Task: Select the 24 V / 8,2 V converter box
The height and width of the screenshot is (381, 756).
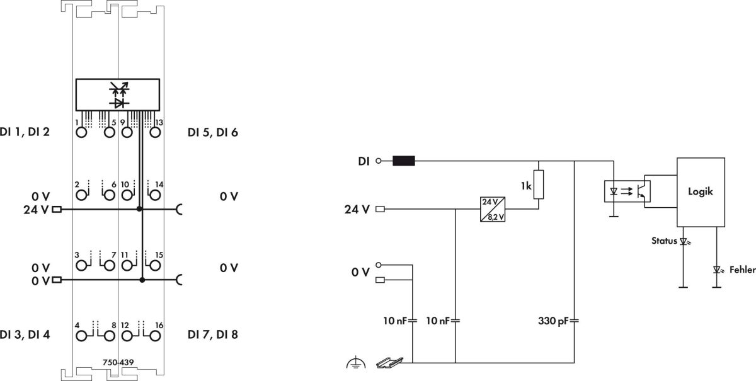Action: (x=493, y=208)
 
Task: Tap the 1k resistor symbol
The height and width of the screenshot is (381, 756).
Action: (x=537, y=185)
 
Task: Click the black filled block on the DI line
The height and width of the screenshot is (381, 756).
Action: (x=403, y=161)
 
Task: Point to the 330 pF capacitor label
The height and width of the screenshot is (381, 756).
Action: (x=553, y=321)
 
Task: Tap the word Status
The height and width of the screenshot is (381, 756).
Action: (x=665, y=241)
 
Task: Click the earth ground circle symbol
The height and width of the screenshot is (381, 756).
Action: (x=355, y=363)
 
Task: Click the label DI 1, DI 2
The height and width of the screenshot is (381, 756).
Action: (x=25, y=133)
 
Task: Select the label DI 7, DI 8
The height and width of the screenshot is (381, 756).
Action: (x=212, y=334)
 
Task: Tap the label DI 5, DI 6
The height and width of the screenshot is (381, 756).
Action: (x=212, y=133)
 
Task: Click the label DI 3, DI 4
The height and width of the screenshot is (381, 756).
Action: (x=25, y=334)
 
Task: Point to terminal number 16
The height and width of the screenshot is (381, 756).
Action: (x=159, y=325)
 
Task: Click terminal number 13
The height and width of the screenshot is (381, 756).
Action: (x=159, y=122)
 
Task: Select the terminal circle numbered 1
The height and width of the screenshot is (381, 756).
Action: (x=81, y=133)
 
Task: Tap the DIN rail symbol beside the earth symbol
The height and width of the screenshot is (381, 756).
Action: (x=386, y=363)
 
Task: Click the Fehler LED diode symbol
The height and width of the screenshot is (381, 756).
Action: (x=716, y=269)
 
